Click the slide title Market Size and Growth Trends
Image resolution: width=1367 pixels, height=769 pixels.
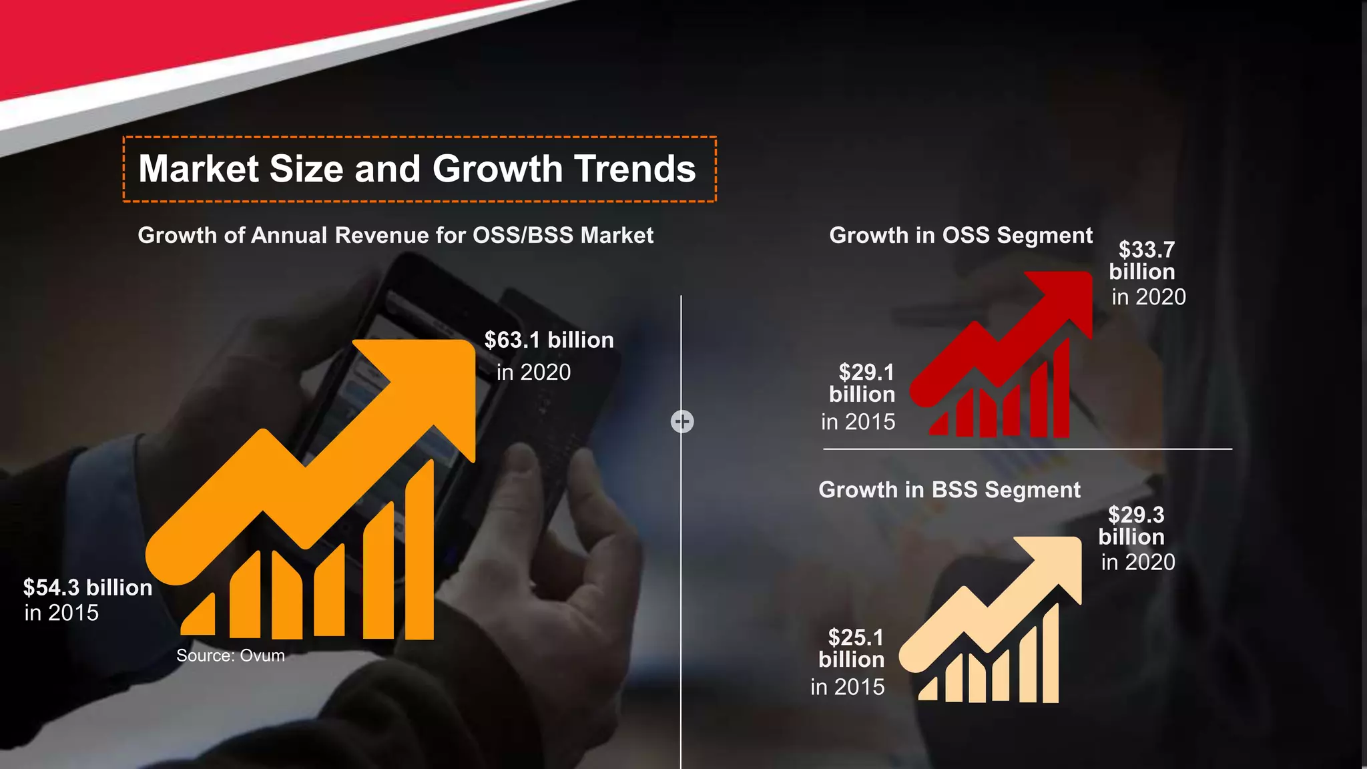417,169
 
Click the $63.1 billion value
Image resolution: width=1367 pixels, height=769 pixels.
549,340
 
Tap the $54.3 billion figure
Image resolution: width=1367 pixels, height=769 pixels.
87,588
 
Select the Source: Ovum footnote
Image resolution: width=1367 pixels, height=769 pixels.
230,656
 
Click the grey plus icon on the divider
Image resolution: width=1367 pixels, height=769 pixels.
682,422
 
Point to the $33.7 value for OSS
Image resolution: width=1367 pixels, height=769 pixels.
1146,250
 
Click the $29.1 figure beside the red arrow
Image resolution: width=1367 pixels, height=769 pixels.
866,372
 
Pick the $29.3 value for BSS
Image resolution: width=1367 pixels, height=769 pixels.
1136,515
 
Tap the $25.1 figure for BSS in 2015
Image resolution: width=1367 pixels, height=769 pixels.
856,637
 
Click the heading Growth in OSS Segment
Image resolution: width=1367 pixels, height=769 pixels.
961,236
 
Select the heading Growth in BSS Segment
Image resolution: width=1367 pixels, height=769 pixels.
949,490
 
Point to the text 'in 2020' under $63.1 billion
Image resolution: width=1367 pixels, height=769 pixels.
533,372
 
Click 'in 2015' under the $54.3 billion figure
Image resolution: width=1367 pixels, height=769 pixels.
61,613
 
